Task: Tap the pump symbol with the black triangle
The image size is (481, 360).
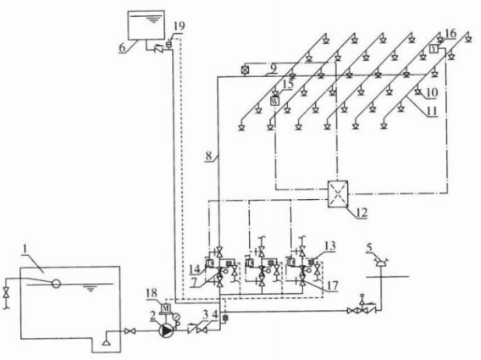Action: coord(167,331)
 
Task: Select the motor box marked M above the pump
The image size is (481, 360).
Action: coord(166,307)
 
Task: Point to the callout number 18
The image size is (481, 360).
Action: coord(152,293)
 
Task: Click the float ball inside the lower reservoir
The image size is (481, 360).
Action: coord(56,283)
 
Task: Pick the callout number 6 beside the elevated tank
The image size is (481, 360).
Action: coord(123,48)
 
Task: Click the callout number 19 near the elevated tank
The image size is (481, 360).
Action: coord(180,26)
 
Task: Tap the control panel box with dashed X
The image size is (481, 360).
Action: coord(338,194)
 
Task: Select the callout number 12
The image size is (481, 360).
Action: coord(362,213)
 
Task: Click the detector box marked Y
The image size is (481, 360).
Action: coord(434,49)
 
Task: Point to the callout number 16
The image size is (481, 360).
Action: coord(451,34)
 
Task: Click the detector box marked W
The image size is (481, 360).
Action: coord(275,101)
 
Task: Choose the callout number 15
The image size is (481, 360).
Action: coord(288,85)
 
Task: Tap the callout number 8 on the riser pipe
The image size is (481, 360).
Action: coord(209,156)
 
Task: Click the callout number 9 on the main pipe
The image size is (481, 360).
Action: coord(274,69)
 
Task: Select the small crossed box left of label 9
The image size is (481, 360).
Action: coord(245,70)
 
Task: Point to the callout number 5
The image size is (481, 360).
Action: coord(370,247)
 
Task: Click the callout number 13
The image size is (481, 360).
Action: coord(330,246)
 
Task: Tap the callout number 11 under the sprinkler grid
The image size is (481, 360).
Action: coord(432,112)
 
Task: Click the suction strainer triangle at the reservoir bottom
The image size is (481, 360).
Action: coord(106,342)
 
